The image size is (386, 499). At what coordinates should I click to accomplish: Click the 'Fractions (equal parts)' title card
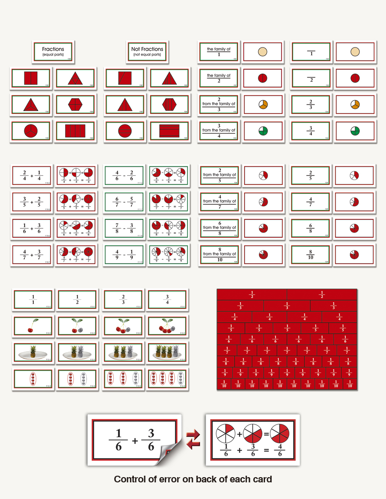(53, 51)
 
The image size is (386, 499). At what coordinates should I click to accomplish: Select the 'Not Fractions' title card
(147, 51)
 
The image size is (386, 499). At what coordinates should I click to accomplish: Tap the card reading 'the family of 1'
(218, 51)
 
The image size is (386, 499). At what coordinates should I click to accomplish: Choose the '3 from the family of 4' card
(218, 131)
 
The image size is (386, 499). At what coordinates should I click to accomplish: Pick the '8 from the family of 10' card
(219, 255)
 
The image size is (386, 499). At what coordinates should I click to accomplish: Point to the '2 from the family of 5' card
(219, 175)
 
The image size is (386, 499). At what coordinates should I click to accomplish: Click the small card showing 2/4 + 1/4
(32, 175)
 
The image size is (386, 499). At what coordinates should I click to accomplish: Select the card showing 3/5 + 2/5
(32, 202)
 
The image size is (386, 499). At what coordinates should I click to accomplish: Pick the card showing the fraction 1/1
(33, 300)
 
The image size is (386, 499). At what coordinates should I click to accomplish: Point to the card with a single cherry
(33, 326)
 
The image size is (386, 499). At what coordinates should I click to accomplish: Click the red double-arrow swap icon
(192, 439)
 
